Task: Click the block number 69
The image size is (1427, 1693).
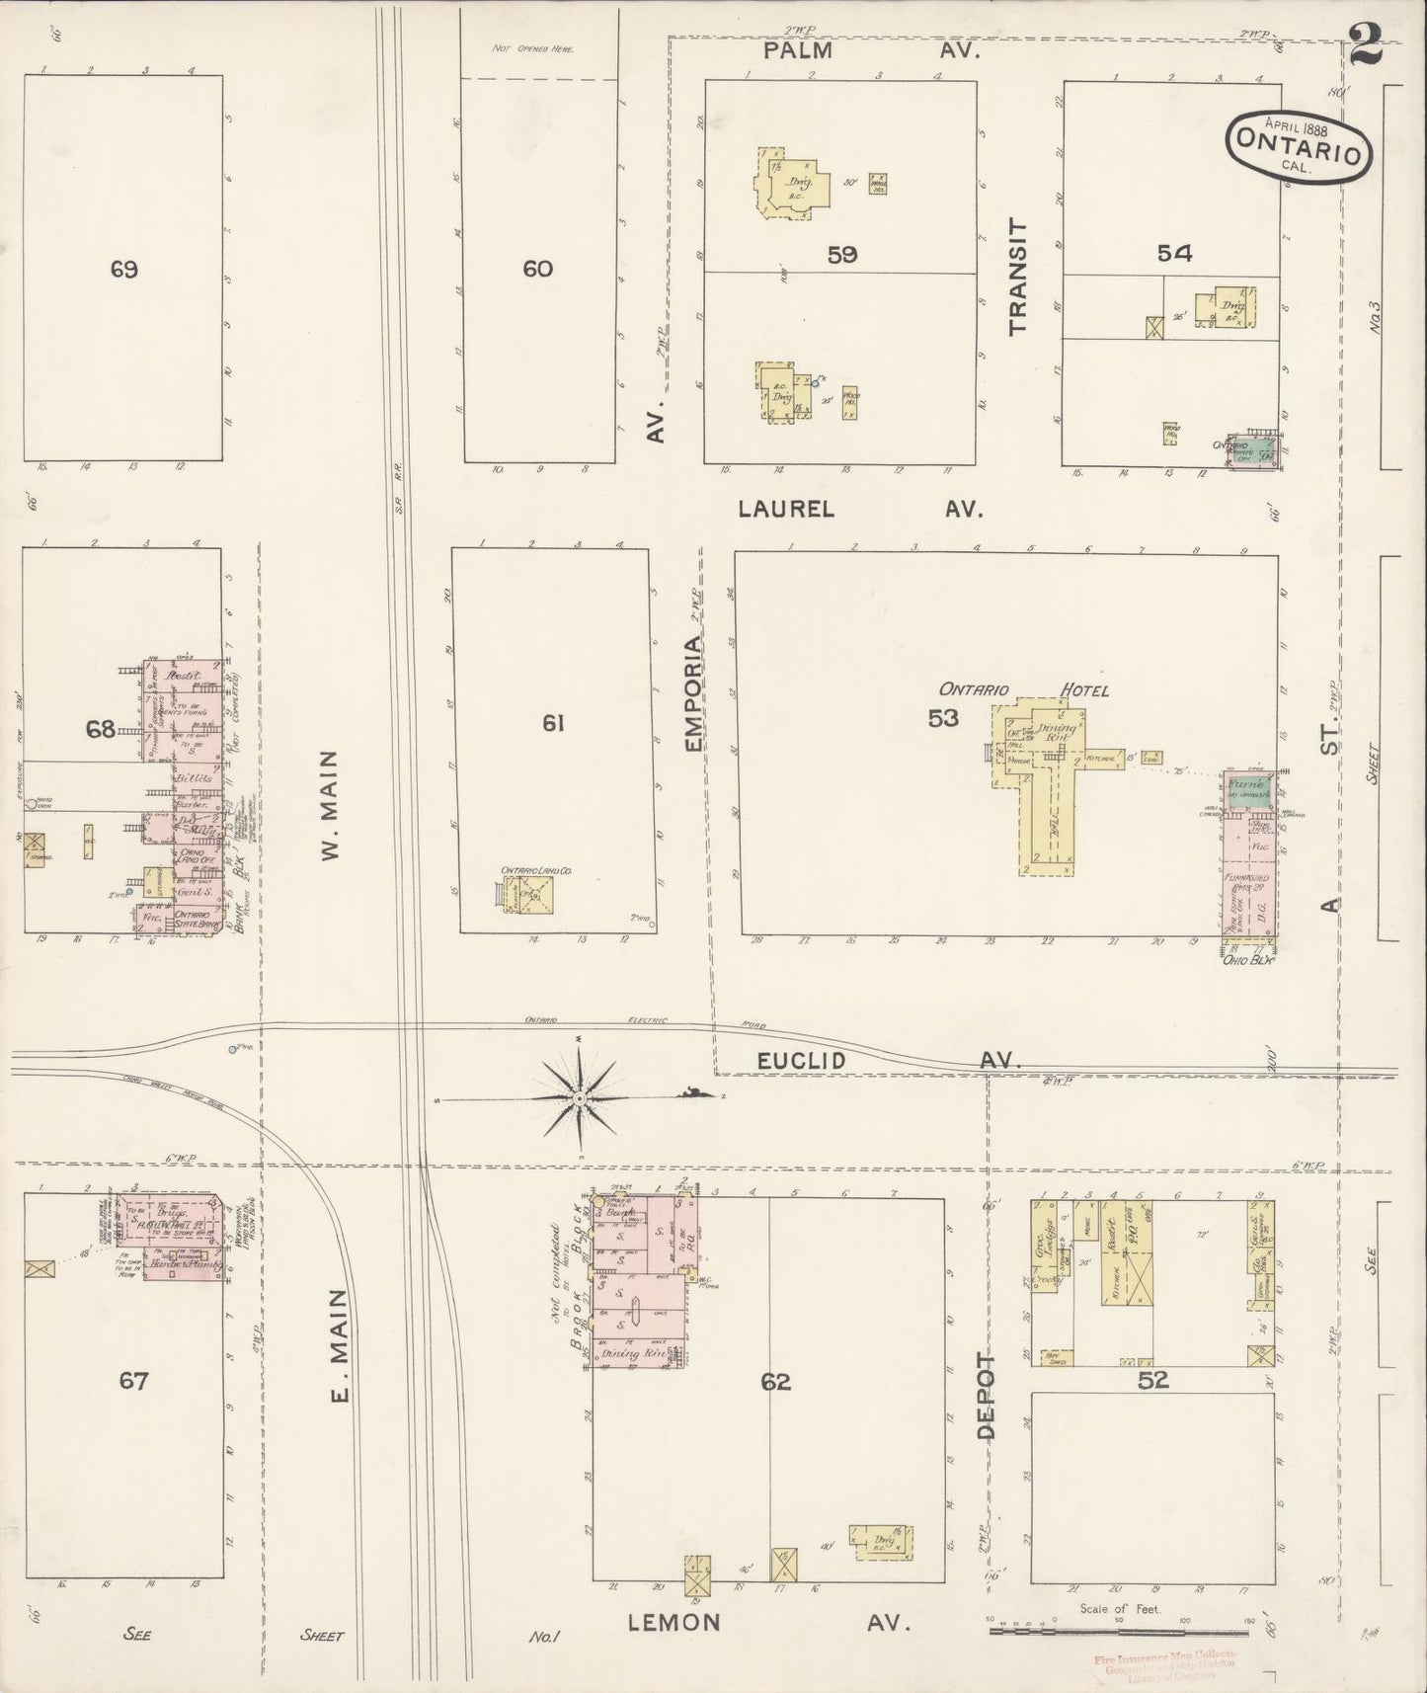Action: pyautogui.click(x=123, y=269)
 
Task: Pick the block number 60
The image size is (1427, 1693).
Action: pyautogui.click(x=537, y=269)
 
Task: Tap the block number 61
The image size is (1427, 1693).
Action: pyautogui.click(x=552, y=724)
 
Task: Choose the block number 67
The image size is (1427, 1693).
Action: pyautogui.click(x=133, y=1381)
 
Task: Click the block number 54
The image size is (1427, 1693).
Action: pyautogui.click(x=1174, y=254)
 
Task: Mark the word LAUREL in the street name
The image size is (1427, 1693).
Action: pyautogui.click(x=786, y=509)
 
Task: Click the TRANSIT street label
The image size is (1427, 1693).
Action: pyautogui.click(x=1018, y=277)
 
